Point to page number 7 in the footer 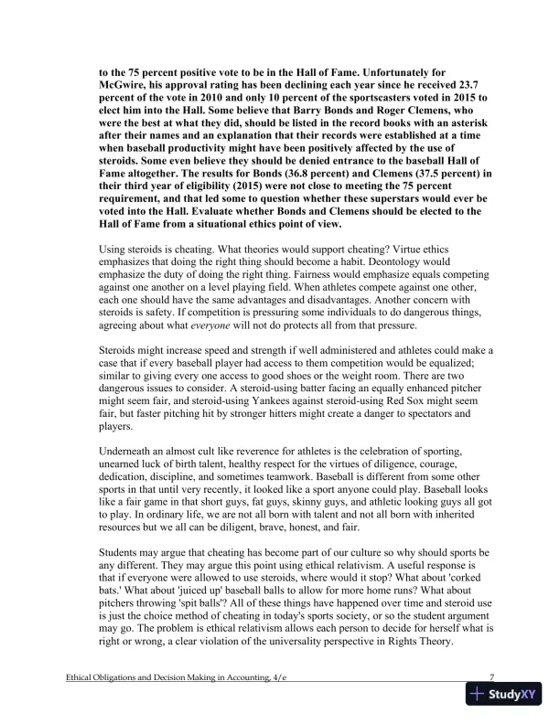(x=492, y=677)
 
